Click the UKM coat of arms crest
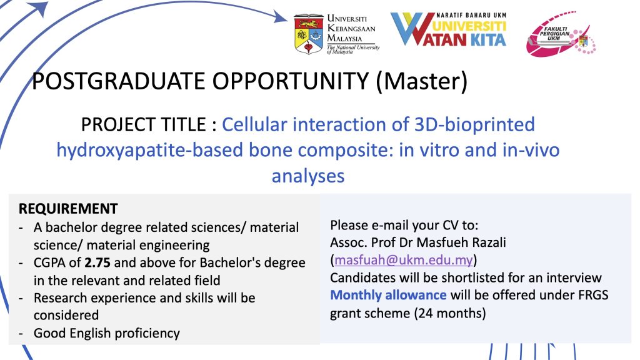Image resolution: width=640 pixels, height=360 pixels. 309,34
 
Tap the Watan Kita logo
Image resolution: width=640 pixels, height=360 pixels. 448,29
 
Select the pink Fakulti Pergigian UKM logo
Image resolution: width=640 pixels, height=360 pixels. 561,34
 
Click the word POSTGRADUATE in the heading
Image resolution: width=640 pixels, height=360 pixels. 119,81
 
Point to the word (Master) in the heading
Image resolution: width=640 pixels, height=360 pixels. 421,81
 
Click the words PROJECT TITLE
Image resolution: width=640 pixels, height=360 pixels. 143,124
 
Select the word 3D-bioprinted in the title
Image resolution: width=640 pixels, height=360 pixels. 474,124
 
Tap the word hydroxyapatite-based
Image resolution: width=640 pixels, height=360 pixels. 150,150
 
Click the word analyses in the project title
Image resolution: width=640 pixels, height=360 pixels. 308,176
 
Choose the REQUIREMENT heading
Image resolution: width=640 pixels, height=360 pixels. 68,209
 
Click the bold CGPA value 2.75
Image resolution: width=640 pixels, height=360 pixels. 97,262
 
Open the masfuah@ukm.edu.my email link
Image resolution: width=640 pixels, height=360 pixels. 404,260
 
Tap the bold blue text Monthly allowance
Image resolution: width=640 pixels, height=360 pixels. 388,295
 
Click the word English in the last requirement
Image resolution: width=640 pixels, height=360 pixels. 90,334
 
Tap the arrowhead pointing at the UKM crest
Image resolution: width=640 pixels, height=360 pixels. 281,17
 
